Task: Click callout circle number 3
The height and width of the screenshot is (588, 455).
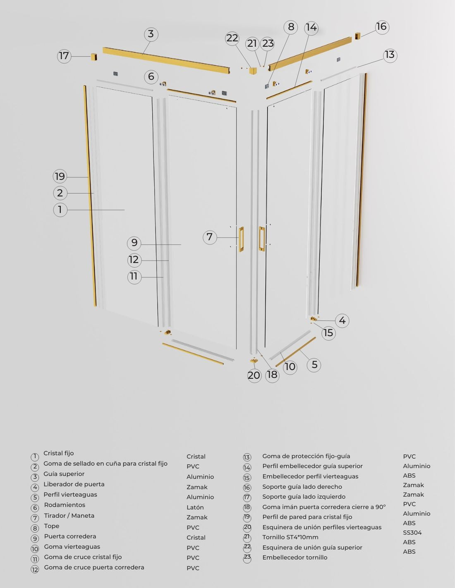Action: pos(151,34)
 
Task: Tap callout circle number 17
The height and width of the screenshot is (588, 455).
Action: pos(64,56)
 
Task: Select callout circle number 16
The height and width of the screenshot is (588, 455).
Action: pos(382,27)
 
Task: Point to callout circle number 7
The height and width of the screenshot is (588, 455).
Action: pos(210,237)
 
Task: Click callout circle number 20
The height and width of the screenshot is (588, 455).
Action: pos(254,375)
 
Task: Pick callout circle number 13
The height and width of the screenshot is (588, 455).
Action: pos(390,55)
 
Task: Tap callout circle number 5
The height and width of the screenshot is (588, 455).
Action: pos(314,365)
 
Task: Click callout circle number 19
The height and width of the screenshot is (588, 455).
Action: pos(60,177)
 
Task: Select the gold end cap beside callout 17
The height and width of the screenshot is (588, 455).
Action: pos(93,57)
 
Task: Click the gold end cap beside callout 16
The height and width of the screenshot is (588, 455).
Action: pos(358,36)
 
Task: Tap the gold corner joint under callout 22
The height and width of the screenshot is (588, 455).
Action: pos(253,71)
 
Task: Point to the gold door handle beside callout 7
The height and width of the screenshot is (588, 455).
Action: pos(241,239)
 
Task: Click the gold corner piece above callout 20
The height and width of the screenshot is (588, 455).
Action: pos(254,361)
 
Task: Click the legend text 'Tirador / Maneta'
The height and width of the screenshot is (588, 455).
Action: pos(69,516)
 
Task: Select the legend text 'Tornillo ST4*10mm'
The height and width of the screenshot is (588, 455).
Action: pos(290,537)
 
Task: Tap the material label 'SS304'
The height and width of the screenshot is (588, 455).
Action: pos(412,533)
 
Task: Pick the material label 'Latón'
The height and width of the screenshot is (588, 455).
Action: pos(195,507)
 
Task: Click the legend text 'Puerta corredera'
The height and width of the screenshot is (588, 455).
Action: pos(70,536)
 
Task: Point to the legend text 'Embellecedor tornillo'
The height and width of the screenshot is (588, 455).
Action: pos(295,557)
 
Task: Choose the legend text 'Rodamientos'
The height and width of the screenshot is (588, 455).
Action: pos(65,505)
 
